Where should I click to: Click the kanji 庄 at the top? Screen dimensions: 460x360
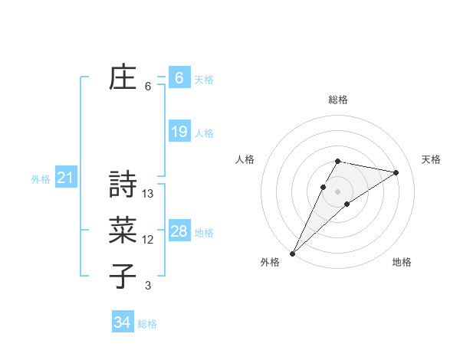coord(123,78)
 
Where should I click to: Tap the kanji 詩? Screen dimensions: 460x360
coord(123,185)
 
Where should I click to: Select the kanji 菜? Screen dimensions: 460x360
coord(123,231)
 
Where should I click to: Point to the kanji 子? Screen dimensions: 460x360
coord(123,277)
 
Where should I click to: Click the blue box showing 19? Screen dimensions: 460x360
coord(179,132)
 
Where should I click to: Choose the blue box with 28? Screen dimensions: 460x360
coord(179,231)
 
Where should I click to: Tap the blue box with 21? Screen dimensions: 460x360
coord(65,178)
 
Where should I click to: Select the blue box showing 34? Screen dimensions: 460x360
coord(122,322)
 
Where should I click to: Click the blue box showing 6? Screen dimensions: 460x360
coord(179,78)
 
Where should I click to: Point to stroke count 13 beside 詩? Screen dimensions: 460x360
coord(149,194)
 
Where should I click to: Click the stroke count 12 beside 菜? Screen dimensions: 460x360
coord(148,240)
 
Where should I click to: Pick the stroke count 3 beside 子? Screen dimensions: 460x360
coord(148,286)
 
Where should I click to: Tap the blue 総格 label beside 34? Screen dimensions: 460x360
coord(147,324)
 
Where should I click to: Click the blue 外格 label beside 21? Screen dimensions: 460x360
coord(41,179)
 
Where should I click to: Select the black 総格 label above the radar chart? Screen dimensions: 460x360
coord(338,100)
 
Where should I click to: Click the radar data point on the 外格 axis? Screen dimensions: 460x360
coord(292,254)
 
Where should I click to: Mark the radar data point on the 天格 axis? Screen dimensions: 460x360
coord(396,172)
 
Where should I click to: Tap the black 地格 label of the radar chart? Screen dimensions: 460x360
coord(402,263)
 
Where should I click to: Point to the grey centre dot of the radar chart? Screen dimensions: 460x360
coord(338,191)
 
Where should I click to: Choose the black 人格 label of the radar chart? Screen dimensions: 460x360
coord(245,159)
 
